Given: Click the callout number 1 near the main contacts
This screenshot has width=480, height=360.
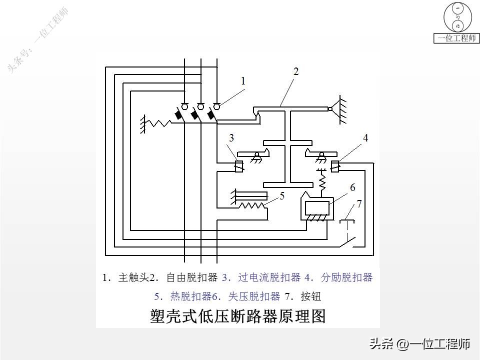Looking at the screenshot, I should [x=243, y=80].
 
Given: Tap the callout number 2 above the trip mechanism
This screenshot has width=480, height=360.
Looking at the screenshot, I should [x=296, y=71].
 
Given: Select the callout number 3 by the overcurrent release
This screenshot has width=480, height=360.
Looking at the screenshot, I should [x=231, y=138].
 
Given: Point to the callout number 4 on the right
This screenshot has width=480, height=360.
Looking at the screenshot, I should [x=365, y=138].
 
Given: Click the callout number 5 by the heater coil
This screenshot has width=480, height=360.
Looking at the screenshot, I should [x=282, y=196].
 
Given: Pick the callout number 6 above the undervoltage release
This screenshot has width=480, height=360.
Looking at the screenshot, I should [x=352, y=187].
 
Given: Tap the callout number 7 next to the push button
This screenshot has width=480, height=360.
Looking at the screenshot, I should [x=358, y=204].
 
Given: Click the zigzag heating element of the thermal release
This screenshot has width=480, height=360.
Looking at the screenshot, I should [x=252, y=205].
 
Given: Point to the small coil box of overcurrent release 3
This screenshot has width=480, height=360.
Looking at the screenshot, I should [x=239, y=166].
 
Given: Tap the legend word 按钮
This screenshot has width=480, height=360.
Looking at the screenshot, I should [x=310, y=296].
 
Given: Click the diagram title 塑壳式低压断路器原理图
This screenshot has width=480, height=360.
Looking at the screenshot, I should [x=237, y=316].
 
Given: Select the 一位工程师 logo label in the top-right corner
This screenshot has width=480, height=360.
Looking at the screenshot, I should [x=457, y=38].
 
